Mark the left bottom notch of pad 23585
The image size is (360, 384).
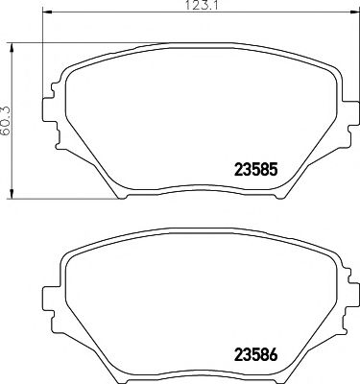(x=125, y=192)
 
